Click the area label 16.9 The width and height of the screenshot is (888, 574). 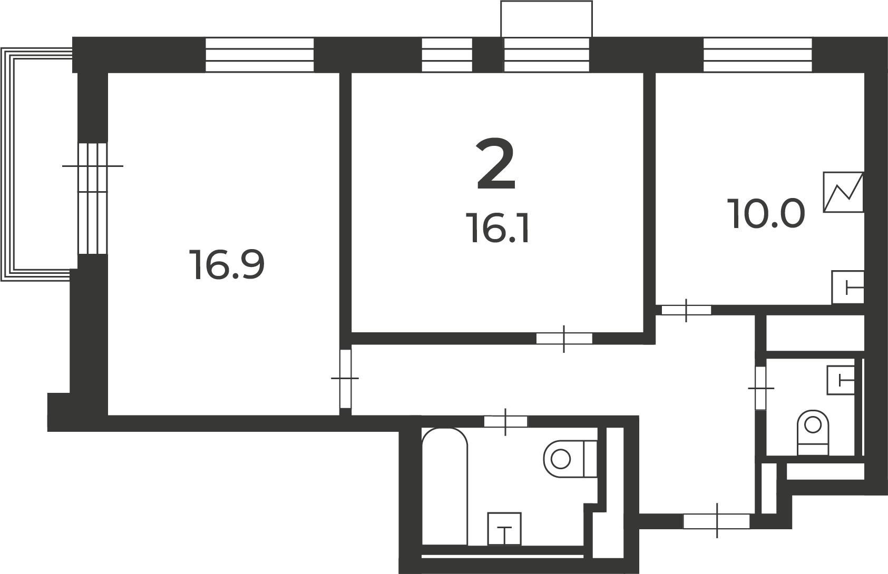point(227,265)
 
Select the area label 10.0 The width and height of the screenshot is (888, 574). point(766,214)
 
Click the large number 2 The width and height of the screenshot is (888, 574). point(495,164)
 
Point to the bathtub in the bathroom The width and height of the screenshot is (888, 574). point(444,487)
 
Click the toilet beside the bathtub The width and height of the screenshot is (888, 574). point(570,459)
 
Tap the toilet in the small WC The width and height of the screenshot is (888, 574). point(813,432)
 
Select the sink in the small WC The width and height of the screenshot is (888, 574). point(841,380)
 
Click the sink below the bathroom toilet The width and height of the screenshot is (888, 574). point(504,529)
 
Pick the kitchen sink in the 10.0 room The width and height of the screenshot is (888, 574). point(847,287)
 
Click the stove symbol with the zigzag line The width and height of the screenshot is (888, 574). point(843,192)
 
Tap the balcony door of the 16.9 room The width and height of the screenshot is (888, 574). point(92,198)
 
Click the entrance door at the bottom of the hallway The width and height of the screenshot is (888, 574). point(717,521)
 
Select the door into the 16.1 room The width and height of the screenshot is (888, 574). point(564,339)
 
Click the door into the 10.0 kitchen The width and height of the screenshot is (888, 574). point(686,310)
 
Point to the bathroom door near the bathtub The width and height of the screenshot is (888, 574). point(505,421)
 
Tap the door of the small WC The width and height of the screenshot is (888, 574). point(760,388)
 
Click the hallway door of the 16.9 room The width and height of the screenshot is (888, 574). point(345,378)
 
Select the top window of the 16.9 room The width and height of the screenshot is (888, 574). point(260,55)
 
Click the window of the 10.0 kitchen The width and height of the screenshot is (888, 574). point(758,55)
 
